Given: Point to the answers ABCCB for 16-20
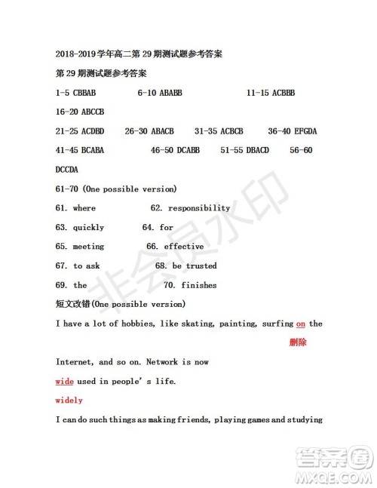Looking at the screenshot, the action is (93, 112).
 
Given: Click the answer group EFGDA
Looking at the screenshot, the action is (303, 131).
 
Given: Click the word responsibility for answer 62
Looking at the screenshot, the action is (199, 208).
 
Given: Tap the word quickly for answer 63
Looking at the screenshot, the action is (88, 227).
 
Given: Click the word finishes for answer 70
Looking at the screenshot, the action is (199, 285).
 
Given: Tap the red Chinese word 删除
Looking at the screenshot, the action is (298, 342).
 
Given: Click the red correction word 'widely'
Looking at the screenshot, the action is (69, 400).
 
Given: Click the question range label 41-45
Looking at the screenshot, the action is (68, 150).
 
